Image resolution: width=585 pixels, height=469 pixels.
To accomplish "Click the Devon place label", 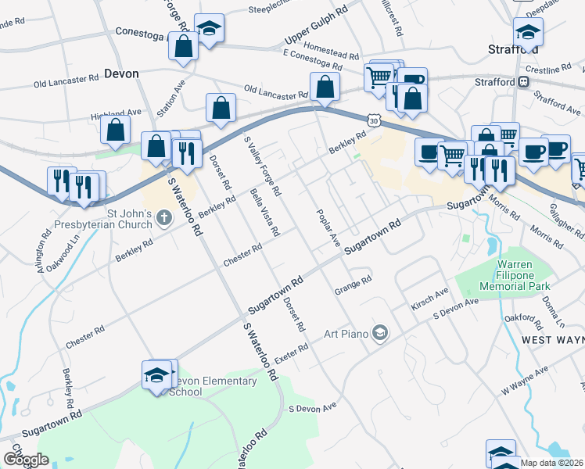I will [x=120, y=73].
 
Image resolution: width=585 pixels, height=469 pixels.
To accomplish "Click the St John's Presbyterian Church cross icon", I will [x=164, y=217].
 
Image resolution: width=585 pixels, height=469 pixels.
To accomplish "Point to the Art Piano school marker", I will [x=379, y=334].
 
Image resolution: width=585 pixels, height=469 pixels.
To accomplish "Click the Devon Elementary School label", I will [x=213, y=386].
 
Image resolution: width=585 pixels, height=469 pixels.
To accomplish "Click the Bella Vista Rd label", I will [x=264, y=212].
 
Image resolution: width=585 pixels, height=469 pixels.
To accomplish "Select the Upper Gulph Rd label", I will [x=315, y=27].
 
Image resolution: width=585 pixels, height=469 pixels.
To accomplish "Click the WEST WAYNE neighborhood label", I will [x=552, y=341].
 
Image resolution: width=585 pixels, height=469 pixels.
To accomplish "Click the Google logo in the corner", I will [x=26, y=460].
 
